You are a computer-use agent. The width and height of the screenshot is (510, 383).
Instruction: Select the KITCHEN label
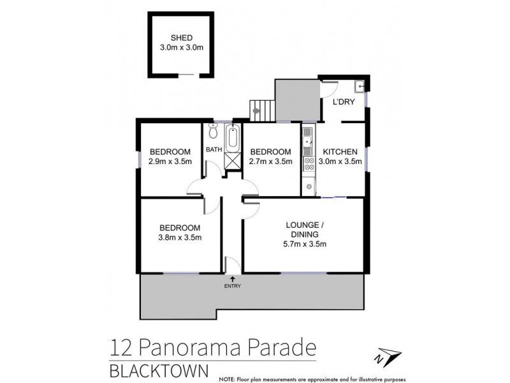[341, 151]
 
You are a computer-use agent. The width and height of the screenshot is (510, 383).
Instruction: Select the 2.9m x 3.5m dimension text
[170, 161]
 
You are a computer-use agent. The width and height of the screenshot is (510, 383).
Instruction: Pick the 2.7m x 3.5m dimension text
[270, 161]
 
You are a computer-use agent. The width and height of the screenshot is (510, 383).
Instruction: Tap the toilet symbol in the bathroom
[213, 133]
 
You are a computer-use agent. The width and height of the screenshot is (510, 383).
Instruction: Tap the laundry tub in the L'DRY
[360, 86]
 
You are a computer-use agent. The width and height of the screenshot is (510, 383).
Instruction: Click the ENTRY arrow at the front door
[231, 280]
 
